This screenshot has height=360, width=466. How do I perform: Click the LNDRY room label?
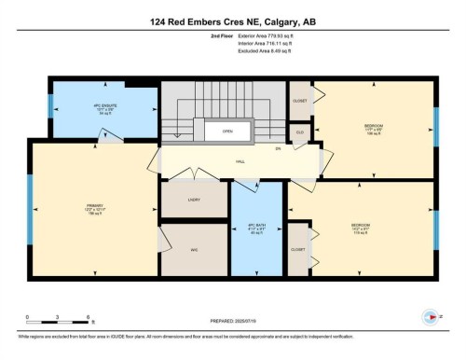pyautogui.click(x=193, y=199)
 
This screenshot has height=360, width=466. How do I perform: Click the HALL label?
pyautogui.click(x=240, y=161)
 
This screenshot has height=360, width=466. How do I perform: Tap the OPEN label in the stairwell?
pyautogui.click(x=226, y=132)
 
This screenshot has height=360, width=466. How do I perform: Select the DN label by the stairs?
pyautogui.click(x=278, y=149)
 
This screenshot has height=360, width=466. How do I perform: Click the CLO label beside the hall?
pyautogui.click(x=300, y=133)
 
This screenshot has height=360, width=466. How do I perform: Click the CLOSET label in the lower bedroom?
pyautogui.click(x=299, y=250)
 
